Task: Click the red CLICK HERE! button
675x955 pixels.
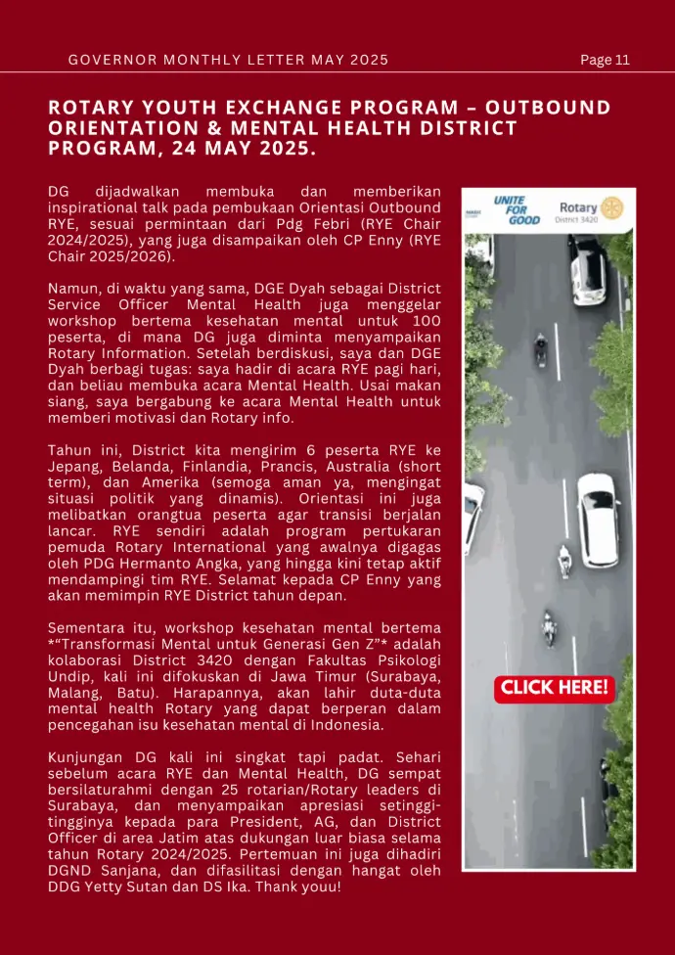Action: click(x=555, y=688)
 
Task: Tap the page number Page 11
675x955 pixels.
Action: click(x=605, y=60)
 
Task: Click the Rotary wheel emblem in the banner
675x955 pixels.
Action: click(x=612, y=207)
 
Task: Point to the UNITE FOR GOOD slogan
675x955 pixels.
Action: click(x=516, y=209)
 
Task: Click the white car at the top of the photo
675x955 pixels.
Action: click(x=588, y=268)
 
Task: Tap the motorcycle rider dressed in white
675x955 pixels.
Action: click(x=564, y=561)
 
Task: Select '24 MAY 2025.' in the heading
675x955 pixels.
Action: click(x=245, y=149)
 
